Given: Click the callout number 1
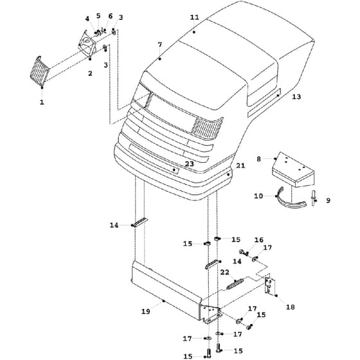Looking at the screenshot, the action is click(42, 102).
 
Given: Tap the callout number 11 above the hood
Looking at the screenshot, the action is click(194, 17).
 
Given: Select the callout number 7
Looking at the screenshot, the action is click(160, 44).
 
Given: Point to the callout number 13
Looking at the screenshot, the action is click(296, 96).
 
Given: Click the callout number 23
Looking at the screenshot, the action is click(190, 164).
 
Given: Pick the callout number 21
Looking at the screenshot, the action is click(240, 166).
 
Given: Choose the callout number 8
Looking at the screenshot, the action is click(258, 159).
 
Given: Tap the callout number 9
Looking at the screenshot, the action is click(328, 201).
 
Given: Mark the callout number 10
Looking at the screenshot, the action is click(258, 196).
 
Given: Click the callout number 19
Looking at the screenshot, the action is click(145, 311).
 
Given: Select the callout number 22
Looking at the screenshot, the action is click(225, 273).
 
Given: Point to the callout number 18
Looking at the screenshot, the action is click(290, 307).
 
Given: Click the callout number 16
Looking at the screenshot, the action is click(258, 240).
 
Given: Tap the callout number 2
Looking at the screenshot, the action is click(90, 73).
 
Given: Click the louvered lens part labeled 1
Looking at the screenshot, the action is click(39, 71).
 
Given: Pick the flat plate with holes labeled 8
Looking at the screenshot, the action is click(293, 170).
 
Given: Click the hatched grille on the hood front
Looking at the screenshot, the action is click(208, 128).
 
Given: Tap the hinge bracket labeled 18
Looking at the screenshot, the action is click(270, 286).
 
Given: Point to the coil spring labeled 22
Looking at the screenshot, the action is click(235, 283).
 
